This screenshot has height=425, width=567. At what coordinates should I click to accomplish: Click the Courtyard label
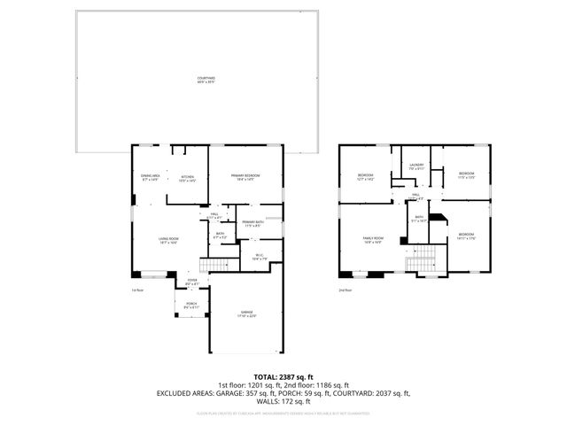coord(206,80)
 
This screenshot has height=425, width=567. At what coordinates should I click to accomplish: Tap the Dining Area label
coord(150,177)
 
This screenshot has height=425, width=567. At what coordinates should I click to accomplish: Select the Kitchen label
coord(187,177)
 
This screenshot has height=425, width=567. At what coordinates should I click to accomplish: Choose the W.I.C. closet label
coord(260,258)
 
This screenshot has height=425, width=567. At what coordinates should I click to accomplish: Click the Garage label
coord(246,313)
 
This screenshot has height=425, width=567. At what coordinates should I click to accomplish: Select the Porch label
coord(190,305)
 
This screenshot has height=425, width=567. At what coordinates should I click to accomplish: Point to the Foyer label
coord(191,282)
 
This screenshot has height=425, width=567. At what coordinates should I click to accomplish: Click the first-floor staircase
coord(213,266)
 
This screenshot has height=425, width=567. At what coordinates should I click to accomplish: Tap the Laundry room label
coord(416,166)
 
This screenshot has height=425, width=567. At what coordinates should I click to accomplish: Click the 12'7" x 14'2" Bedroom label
coord(366,177)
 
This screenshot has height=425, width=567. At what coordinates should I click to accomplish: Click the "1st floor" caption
coord(136,290)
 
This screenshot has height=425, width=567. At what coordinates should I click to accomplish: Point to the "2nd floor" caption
coord(344,290)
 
